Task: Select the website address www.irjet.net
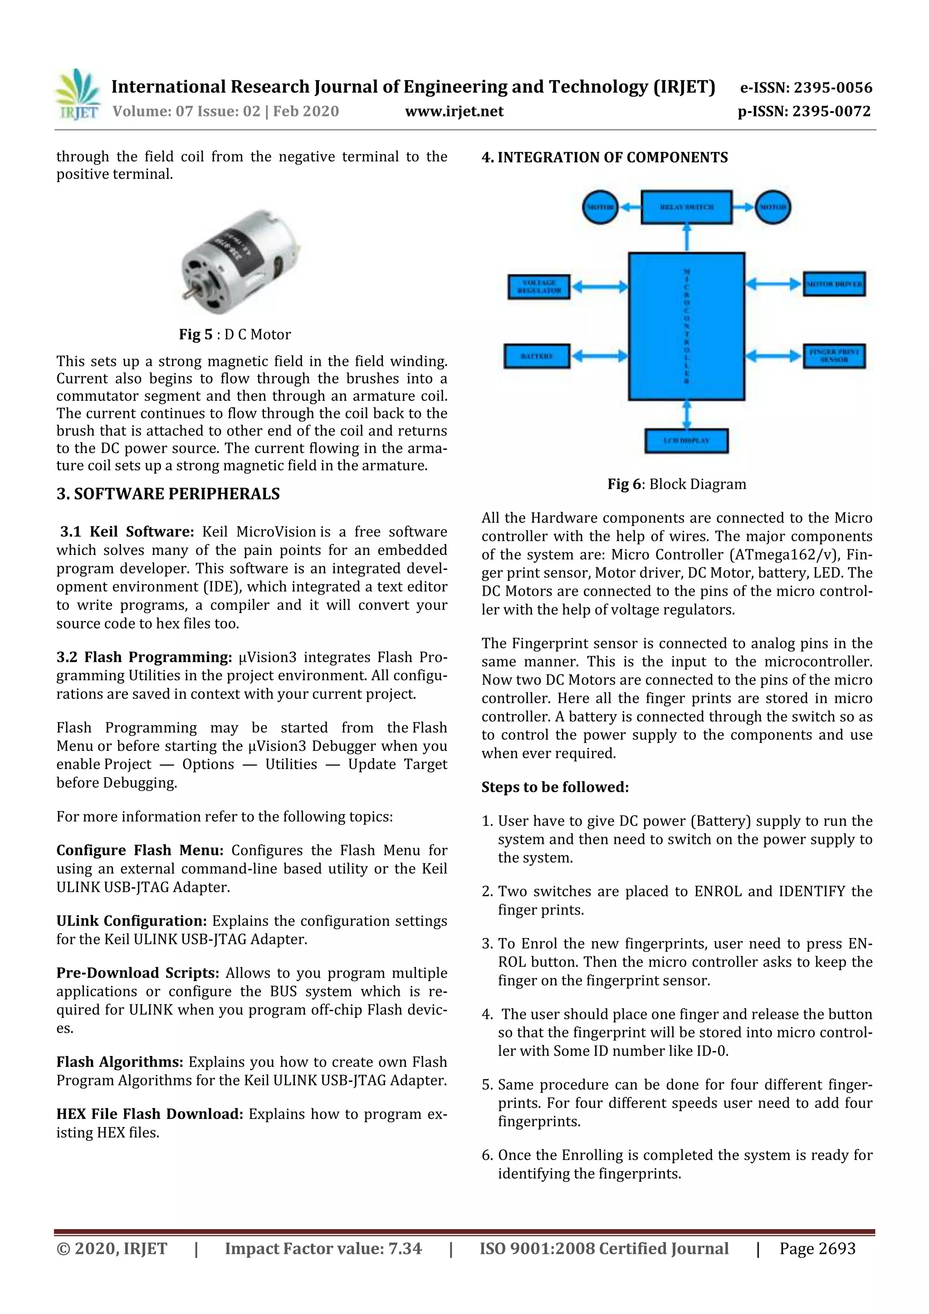click(x=454, y=112)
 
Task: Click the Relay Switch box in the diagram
click(x=686, y=207)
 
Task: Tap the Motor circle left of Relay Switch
click(x=600, y=207)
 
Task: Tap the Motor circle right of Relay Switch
click(x=773, y=207)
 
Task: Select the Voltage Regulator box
click(x=538, y=287)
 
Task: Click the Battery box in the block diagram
click(x=536, y=356)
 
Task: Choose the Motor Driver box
click(x=834, y=284)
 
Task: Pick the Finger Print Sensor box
click(x=834, y=356)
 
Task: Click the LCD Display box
click(x=686, y=441)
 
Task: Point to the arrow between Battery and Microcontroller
click(x=599, y=356)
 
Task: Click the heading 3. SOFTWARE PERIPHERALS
click(x=168, y=494)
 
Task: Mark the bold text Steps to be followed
click(x=555, y=787)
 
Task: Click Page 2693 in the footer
click(x=817, y=1248)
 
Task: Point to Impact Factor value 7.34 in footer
click(x=323, y=1248)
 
